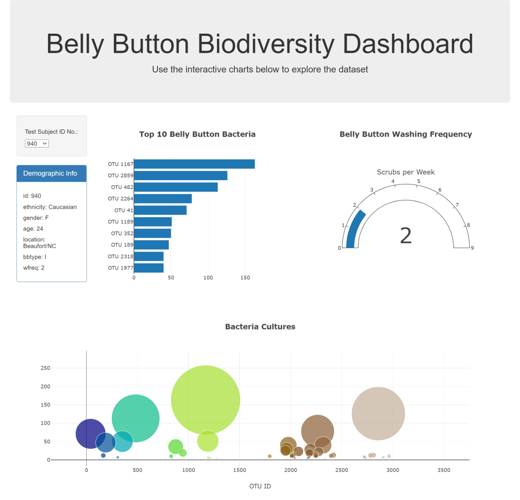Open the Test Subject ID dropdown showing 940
[x=37, y=144]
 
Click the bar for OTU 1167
[x=194, y=164]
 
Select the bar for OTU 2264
[x=162, y=199]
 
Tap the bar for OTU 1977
[x=149, y=268]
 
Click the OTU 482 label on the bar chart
[x=122, y=187]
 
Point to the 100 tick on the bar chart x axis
[x=208, y=278]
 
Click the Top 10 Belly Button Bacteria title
[x=197, y=134]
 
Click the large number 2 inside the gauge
[x=405, y=236]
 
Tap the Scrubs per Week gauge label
[x=405, y=172]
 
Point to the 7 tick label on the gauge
[x=457, y=205]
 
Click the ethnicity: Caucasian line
[x=50, y=207]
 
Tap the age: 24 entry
[x=33, y=229]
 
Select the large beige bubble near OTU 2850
[x=378, y=413]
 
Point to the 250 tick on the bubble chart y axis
[x=45, y=368]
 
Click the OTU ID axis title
[x=260, y=486]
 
